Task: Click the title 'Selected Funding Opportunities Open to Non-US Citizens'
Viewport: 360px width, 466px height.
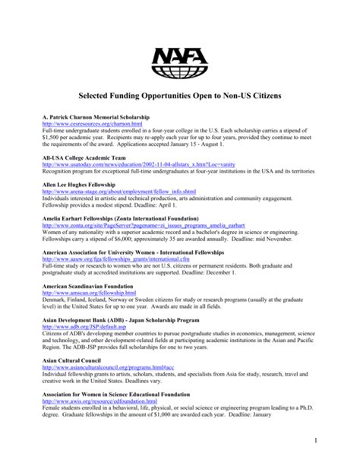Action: [179, 98]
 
